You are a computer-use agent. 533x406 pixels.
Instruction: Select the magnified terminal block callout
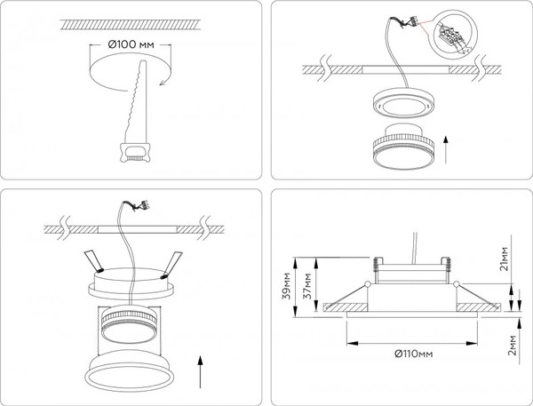pyautogui.click(x=458, y=36)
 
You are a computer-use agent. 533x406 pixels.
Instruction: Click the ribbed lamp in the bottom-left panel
pyautogui.click(x=131, y=323)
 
